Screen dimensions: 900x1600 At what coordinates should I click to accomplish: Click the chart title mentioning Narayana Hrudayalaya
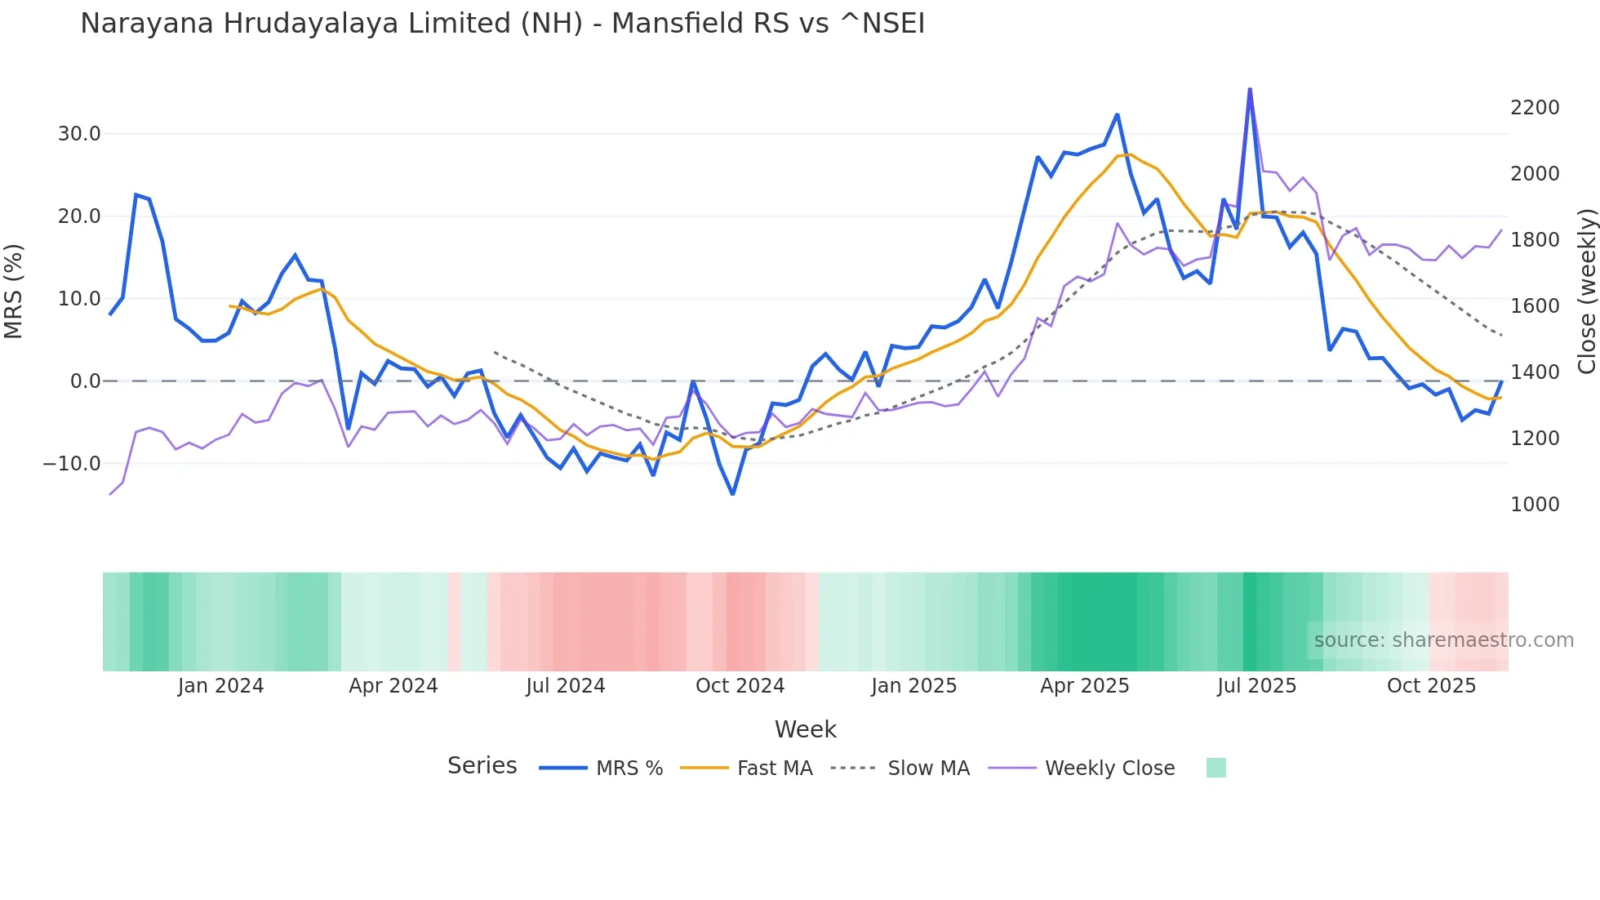502,24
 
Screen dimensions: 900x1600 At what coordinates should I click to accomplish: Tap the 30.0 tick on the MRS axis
79,134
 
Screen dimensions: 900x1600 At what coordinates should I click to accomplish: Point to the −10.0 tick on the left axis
72,464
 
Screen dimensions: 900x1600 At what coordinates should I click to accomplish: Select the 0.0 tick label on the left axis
85,381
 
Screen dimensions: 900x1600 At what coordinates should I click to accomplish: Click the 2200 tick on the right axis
1535,108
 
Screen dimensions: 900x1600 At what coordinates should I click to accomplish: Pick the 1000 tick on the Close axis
1535,505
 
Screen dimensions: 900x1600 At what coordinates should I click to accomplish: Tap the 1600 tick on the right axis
1535,306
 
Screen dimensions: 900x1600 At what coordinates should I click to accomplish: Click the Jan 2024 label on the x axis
220,686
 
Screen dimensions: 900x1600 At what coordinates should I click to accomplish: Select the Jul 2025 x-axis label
1256,686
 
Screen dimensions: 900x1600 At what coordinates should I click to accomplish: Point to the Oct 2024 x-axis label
740,686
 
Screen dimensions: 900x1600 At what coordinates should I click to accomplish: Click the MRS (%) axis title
14,292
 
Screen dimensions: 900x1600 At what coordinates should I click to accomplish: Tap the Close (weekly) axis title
1586,292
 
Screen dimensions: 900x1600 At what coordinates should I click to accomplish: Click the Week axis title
805,729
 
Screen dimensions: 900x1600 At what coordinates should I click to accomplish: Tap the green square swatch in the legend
1216,768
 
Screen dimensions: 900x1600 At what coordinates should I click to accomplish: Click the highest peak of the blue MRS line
1250,89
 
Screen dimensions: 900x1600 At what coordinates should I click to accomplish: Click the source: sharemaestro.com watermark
1443,640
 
